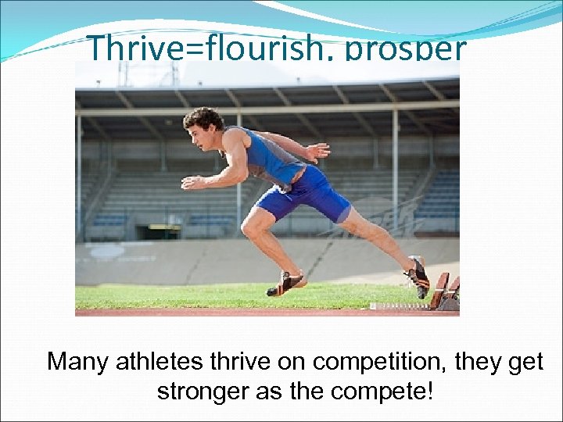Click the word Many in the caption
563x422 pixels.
79,362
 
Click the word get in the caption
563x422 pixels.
525,363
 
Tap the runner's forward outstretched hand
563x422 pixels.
189,182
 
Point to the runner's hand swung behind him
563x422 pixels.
317,151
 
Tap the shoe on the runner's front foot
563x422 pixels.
285,284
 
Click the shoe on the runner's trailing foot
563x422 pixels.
418,275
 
